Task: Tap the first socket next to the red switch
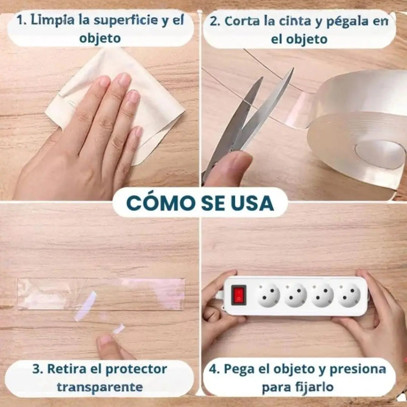(x=269, y=295)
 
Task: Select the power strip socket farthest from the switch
(x=349, y=295)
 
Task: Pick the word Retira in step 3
(x=67, y=369)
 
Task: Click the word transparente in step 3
(x=100, y=387)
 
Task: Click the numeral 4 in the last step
(x=214, y=369)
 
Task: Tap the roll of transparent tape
(x=362, y=132)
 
